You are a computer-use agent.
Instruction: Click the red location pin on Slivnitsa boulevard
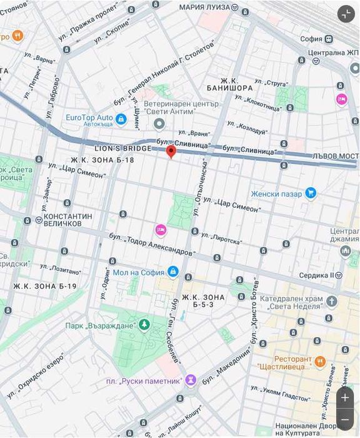[171, 152]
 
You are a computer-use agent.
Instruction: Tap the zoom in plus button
[344, 397]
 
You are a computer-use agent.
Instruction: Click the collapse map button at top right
[346, 14]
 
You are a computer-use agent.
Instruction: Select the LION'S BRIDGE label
[122, 148]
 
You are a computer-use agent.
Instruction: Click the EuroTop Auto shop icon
[121, 118]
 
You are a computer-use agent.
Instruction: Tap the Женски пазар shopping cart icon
[310, 193]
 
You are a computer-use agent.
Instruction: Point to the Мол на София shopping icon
[173, 272]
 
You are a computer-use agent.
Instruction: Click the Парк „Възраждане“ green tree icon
[144, 324]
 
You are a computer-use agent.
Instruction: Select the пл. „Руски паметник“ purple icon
[191, 380]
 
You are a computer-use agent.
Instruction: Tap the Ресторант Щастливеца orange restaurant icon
[320, 361]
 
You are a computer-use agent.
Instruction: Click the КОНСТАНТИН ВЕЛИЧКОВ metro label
[67, 220]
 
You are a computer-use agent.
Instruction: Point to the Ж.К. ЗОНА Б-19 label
[45, 287]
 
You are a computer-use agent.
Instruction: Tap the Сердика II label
[316, 275]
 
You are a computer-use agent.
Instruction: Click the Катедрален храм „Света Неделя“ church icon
[332, 302]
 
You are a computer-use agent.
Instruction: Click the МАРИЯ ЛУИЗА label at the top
[203, 8]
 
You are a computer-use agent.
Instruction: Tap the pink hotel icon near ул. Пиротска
[160, 230]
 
